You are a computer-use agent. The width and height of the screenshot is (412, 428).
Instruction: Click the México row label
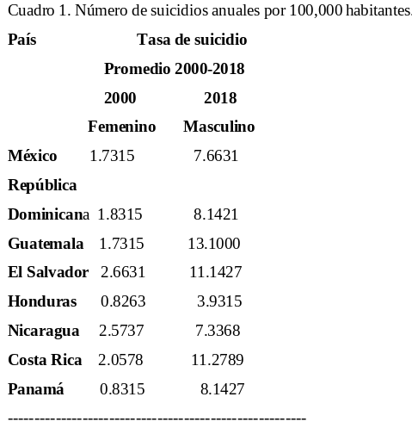click(33, 156)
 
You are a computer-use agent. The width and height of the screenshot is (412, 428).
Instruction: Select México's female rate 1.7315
click(112, 156)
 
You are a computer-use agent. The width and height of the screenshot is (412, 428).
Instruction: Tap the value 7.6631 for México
click(216, 156)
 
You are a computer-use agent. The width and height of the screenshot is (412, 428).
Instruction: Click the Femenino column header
click(122, 127)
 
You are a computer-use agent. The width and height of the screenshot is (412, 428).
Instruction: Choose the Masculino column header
click(219, 127)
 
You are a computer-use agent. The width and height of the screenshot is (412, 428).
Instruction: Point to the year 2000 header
click(120, 98)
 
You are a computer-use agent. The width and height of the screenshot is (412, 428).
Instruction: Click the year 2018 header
click(220, 98)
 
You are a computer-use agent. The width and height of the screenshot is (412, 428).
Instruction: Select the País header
click(22, 40)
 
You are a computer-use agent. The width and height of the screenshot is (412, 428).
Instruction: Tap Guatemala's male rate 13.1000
click(214, 244)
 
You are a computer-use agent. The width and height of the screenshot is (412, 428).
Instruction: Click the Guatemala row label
click(46, 244)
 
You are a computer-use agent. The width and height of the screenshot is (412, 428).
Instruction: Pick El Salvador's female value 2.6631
click(123, 272)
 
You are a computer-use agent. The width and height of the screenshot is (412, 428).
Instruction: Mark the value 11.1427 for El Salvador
click(216, 272)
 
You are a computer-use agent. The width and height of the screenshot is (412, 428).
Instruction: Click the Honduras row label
click(42, 301)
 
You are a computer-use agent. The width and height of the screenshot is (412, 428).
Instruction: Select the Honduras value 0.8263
click(123, 301)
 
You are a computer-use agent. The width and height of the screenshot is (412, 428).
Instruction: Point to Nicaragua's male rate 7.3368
click(218, 331)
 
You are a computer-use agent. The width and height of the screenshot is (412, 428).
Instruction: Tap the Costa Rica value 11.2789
click(218, 360)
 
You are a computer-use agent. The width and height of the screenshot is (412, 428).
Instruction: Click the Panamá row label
click(36, 389)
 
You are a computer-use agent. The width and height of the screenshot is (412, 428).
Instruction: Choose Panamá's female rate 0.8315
click(122, 389)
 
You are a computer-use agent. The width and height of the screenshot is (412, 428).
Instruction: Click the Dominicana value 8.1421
click(216, 214)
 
